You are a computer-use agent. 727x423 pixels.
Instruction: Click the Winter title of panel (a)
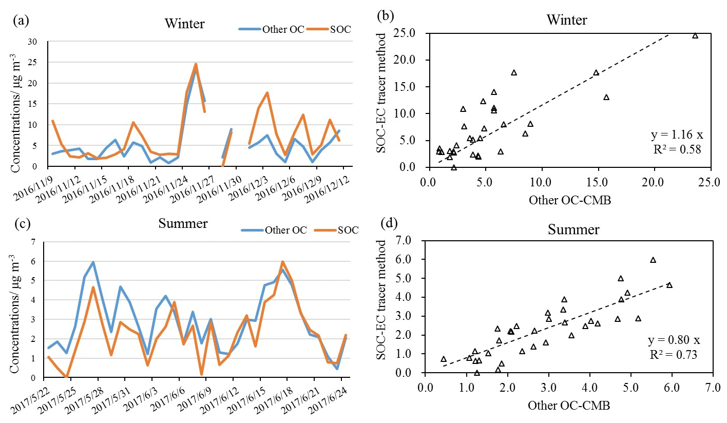point(184,24)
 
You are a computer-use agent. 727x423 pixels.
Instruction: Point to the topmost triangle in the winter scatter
point(695,35)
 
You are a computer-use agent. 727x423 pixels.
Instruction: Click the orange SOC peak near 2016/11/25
point(196,64)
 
